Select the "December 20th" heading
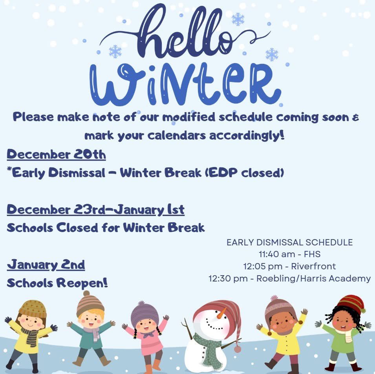(x=56, y=154)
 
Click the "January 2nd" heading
(x=46, y=265)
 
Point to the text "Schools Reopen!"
(x=57, y=283)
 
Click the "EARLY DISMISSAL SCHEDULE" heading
(x=289, y=242)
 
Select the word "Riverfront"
(x=313, y=266)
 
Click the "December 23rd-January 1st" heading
(x=95, y=210)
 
